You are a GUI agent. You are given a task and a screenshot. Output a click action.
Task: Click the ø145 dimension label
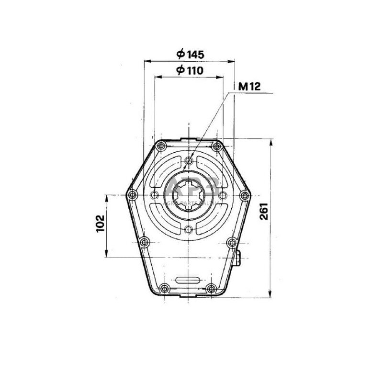(x=190, y=54)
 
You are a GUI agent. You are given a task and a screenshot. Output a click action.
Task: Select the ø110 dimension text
(x=190, y=70)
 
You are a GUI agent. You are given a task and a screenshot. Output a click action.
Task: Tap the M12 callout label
(x=248, y=87)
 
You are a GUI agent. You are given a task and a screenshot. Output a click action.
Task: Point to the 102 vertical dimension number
(x=100, y=224)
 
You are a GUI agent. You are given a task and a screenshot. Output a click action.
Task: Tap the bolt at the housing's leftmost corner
(x=131, y=195)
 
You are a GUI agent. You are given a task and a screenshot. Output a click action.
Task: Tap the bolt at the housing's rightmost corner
(x=244, y=195)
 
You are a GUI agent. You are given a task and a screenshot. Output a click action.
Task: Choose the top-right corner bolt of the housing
(x=216, y=146)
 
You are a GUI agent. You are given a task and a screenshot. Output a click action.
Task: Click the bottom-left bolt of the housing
(x=165, y=288)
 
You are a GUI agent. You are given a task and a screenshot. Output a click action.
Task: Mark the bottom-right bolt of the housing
(x=211, y=288)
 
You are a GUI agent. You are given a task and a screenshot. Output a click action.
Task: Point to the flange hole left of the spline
(x=154, y=195)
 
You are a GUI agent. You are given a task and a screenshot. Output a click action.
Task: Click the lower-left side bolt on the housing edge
(x=144, y=241)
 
